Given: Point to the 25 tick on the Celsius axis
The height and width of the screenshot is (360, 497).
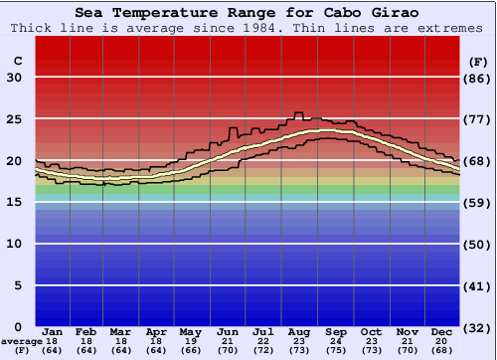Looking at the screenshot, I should coord(14,119).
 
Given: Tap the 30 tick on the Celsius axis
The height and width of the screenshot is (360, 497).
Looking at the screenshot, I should coord(14,78).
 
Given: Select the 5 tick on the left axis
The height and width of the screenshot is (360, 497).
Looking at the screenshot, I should coord(17,285).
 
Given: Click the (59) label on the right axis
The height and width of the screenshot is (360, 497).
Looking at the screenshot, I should coord(479,203).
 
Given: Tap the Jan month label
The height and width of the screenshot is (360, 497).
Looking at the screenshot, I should coord(54,331).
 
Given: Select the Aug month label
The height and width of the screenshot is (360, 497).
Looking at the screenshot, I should coord(299,331).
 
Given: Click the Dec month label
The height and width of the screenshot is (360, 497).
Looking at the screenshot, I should coord(443,331).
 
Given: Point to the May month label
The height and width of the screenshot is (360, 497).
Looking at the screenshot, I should coord(190,331).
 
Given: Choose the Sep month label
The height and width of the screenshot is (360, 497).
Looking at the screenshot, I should coord(335,331).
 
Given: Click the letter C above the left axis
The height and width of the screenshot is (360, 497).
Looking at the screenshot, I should coord(17,61).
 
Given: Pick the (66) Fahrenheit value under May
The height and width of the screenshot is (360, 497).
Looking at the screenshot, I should coord(190,350).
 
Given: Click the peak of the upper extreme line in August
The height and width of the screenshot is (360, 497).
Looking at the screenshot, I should coord(297,113).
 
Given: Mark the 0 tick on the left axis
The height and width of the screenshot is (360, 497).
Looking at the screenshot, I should coord(17,326).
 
